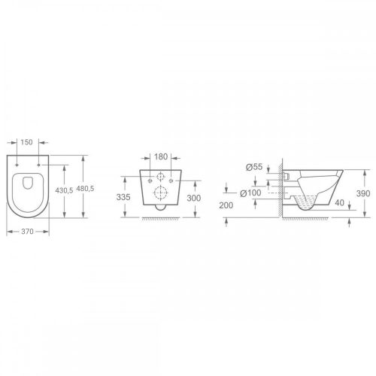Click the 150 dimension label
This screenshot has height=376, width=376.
[26, 142]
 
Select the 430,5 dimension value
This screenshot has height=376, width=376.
[64, 191]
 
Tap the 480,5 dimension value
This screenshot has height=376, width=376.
[85, 189]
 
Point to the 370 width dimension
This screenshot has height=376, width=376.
[27, 232]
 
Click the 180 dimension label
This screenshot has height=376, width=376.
[161, 157]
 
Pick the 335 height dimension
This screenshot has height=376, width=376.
[123, 197]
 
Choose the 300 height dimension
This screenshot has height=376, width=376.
[194, 198]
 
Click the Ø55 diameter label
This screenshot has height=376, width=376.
[254, 167]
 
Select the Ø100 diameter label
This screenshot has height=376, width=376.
[250, 193]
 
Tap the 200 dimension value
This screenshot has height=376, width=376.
[226, 205]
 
